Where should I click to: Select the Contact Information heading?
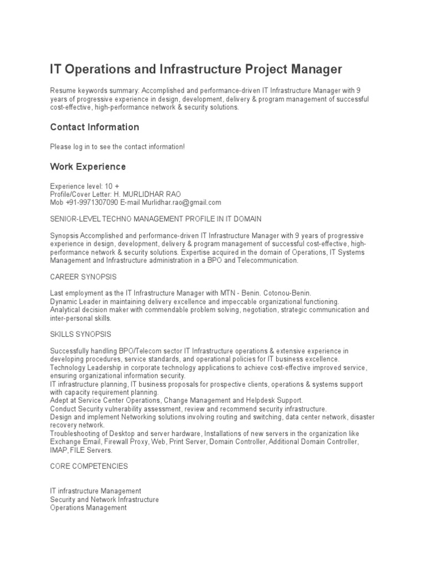[x=94, y=127]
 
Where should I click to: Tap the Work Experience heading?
[x=88, y=166]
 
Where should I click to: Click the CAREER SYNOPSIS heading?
[x=83, y=277]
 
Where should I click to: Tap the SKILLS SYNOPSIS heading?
[x=80, y=334]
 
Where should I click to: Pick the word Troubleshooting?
[x=77, y=433]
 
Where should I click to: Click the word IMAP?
[x=59, y=450]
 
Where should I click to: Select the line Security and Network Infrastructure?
[x=104, y=499]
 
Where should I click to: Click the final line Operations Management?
[x=88, y=508]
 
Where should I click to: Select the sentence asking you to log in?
[x=117, y=146]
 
